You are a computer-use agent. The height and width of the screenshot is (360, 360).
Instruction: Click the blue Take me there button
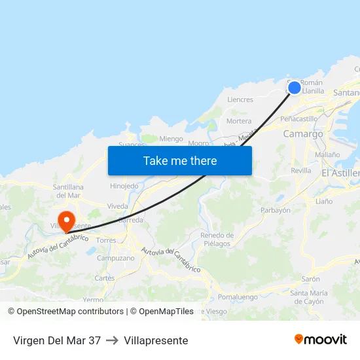tap(180, 160)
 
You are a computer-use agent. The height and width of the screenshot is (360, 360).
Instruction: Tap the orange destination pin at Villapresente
tap(67, 219)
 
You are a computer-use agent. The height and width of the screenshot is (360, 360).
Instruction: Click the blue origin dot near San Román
tap(295, 87)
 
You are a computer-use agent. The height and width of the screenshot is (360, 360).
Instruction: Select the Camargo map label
tap(303, 134)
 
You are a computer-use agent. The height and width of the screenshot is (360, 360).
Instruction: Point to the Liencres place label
tap(240, 100)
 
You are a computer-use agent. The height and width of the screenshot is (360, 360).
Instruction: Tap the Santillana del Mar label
tap(68, 190)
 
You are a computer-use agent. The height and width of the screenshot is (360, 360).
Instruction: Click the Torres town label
tap(106, 241)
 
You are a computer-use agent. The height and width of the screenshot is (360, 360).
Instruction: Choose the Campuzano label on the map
tap(115, 258)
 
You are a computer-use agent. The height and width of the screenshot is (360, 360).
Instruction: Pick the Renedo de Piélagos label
tap(217, 240)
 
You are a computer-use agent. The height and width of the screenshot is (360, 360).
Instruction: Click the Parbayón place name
tap(275, 210)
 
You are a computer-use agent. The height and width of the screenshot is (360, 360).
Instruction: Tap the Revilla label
tap(301, 170)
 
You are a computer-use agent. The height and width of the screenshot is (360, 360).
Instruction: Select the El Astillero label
tap(340, 173)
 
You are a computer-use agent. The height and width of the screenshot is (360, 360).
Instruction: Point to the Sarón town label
tap(310, 279)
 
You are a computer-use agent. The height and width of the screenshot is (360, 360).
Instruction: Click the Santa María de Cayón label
tap(309, 297)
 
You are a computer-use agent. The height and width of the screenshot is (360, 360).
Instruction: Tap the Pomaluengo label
tap(238, 297)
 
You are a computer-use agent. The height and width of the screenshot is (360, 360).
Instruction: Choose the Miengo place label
tap(171, 139)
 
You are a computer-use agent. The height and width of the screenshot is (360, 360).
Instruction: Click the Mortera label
tap(238, 121)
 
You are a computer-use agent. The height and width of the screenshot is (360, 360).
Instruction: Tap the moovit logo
tap(320, 340)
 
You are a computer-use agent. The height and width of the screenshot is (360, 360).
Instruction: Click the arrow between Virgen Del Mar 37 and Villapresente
tap(112, 340)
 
